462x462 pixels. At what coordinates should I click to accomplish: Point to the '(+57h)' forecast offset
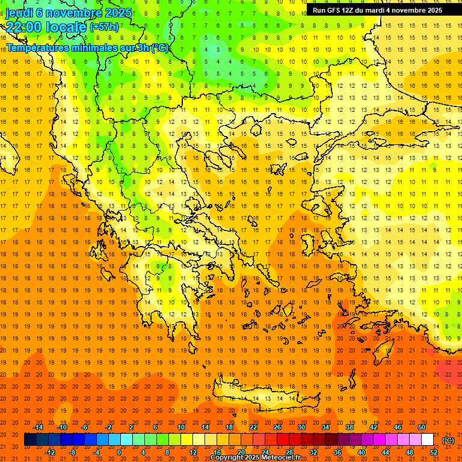point(104,27)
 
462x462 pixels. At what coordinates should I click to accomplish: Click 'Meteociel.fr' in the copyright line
point(282,458)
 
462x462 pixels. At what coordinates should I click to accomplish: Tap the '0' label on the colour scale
point(119,452)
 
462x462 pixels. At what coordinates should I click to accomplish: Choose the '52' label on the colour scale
point(433,452)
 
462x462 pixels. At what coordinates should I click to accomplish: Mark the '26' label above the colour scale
point(277,427)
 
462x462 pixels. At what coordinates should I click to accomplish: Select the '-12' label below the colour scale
point(51,452)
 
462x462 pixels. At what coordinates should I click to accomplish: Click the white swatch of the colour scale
point(427,440)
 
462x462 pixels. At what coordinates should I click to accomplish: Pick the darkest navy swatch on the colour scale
point(30,440)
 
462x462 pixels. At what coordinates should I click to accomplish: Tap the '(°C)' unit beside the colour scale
point(448,440)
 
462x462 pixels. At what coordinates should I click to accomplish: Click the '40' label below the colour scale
point(361,452)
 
